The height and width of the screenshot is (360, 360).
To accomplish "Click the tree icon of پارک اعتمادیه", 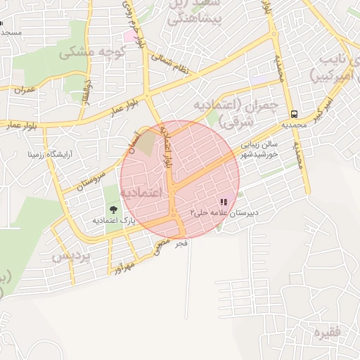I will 112,209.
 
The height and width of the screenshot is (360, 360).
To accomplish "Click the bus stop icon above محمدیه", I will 294,114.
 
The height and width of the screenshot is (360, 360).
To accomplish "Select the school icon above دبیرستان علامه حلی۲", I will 224,202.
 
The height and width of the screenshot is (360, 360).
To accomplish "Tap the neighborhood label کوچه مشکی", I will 91,53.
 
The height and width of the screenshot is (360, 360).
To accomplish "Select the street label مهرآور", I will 122,266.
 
